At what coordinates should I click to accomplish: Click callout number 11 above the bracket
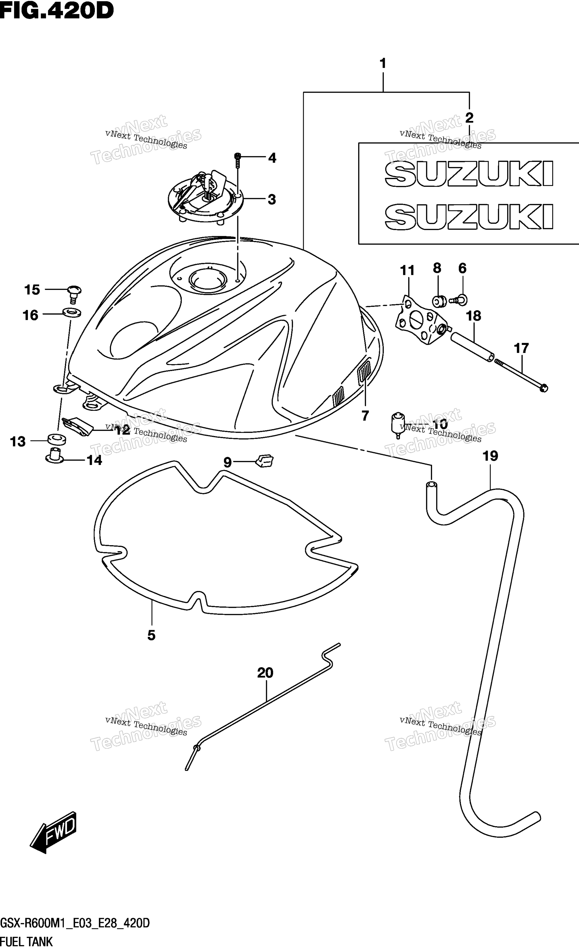click(x=407, y=271)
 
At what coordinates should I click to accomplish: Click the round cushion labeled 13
click(x=56, y=439)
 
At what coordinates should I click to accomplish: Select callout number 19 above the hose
click(x=490, y=456)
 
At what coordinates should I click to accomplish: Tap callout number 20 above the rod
click(x=265, y=673)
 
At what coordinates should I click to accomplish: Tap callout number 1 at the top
click(x=383, y=64)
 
